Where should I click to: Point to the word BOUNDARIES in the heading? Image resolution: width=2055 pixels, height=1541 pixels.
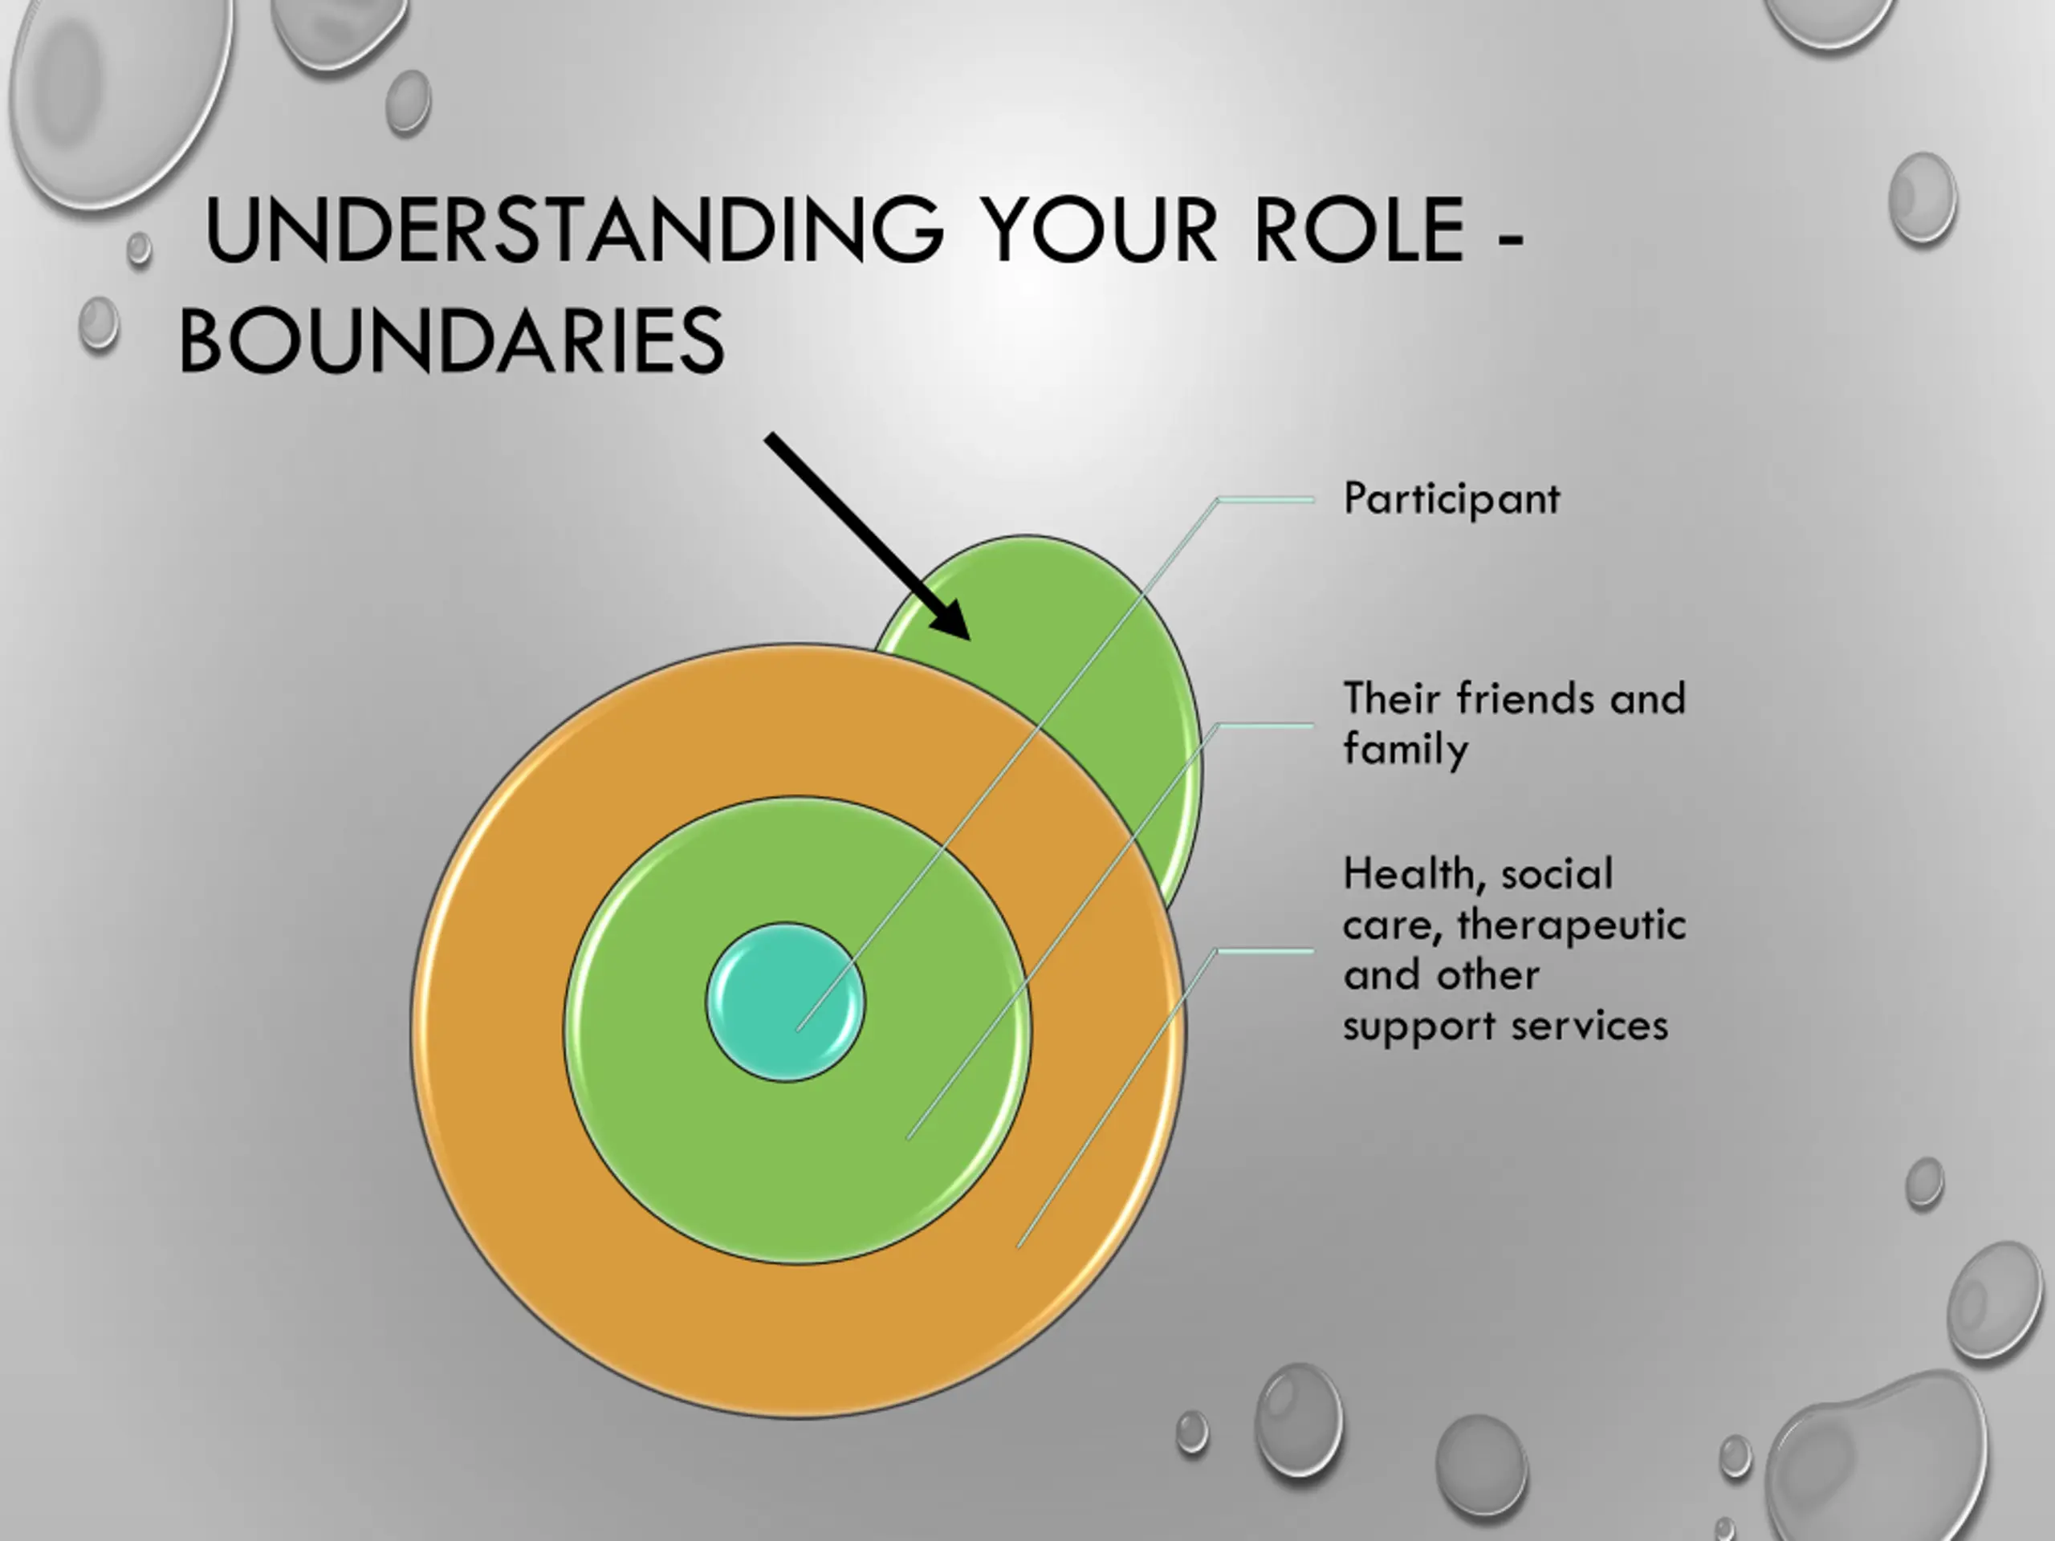point(450,341)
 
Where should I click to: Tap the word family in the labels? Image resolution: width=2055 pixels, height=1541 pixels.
point(1406,750)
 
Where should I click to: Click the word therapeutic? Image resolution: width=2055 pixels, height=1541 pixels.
point(1571,925)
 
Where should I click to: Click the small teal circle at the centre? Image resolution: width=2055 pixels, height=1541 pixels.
point(785,1002)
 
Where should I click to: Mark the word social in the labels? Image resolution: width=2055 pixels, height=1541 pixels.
point(1557,874)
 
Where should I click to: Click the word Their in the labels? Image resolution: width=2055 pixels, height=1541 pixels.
point(1393,698)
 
